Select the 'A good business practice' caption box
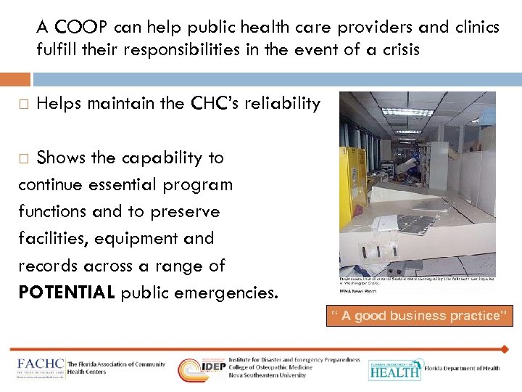point(420,316)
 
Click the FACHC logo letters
point(40,363)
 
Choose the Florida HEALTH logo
point(394,369)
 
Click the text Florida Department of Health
point(462,368)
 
